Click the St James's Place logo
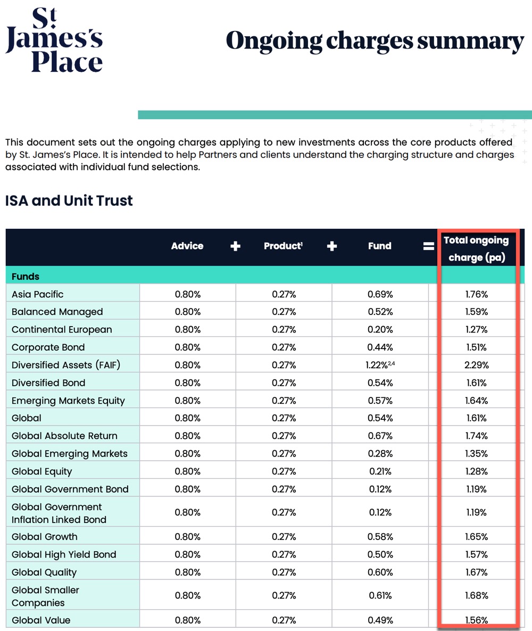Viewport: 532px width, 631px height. click(54, 40)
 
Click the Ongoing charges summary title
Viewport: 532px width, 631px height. click(375, 41)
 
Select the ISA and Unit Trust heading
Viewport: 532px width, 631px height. click(69, 201)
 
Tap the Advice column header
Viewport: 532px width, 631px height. click(187, 246)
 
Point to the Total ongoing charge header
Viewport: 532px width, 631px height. click(476, 249)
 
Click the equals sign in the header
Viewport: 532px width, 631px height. click(429, 246)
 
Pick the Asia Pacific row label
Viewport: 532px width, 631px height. click(37, 294)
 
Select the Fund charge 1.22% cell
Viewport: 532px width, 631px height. click(380, 365)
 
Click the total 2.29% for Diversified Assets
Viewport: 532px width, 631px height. click(476, 365)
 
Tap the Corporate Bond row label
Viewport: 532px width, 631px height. click(48, 347)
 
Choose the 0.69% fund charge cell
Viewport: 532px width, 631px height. click(380, 294)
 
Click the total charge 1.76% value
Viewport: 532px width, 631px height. click(476, 294)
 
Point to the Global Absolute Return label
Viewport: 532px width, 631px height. click(64, 436)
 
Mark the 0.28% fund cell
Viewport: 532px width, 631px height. click(380, 453)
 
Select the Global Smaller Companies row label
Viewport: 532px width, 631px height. click(45, 596)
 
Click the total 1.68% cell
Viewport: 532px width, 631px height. click(476, 595)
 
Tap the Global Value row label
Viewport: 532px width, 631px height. click(41, 620)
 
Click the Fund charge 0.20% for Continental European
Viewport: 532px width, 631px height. click(380, 329)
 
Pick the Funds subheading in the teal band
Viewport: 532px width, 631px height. click(26, 277)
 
